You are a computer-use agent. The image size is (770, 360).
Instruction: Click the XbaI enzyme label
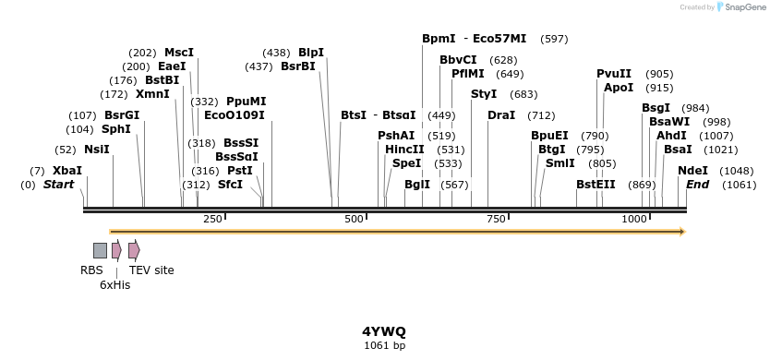(66, 171)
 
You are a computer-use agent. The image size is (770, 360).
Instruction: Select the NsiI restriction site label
(96, 150)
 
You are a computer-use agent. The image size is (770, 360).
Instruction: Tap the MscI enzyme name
(179, 53)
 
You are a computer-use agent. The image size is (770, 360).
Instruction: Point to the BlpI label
(311, 53)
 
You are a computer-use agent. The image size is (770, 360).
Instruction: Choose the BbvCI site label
(458, 60)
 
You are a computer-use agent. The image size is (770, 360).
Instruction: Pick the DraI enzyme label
(501, 115)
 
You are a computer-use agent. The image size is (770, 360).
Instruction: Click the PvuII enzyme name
(614, 74)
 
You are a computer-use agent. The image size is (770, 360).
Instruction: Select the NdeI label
(692, 171)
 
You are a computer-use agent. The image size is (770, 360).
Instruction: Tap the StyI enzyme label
(484, 94)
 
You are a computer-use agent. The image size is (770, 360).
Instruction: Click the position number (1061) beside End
(740, 185)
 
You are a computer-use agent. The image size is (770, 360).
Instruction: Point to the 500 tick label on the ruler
(354, 219)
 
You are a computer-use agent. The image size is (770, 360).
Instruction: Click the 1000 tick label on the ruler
(634, 219)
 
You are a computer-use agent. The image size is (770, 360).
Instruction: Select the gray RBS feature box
(100, 250)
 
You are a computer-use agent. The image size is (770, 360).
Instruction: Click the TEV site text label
(151, 270)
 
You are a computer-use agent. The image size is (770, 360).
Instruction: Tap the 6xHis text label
(115, 285)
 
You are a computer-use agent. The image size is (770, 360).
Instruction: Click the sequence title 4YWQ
(384, 330)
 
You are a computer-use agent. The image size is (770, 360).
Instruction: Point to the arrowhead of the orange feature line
(682, 232)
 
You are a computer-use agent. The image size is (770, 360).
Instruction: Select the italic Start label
(58, 185)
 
